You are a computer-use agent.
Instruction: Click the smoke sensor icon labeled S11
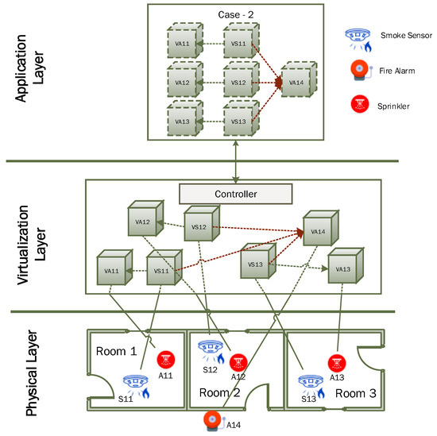133,385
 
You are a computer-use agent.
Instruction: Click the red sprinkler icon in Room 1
166,359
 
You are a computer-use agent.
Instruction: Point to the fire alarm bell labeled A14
211,421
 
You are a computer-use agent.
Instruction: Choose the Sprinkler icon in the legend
359,104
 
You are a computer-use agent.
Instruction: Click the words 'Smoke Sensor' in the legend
406,36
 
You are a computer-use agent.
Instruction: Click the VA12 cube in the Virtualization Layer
142,222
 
